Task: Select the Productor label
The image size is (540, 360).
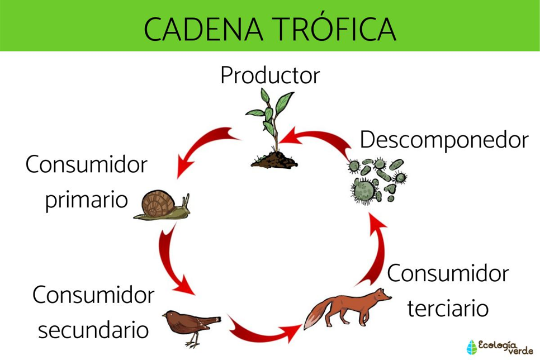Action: point(270,75)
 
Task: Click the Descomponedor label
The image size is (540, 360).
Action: point(444,140)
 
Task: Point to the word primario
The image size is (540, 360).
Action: point(87,200)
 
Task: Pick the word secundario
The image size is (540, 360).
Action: point(93,330)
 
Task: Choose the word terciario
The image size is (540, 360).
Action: point(448,308)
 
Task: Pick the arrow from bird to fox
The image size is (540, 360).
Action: point(263,330)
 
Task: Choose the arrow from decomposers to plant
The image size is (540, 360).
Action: point(319,140)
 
